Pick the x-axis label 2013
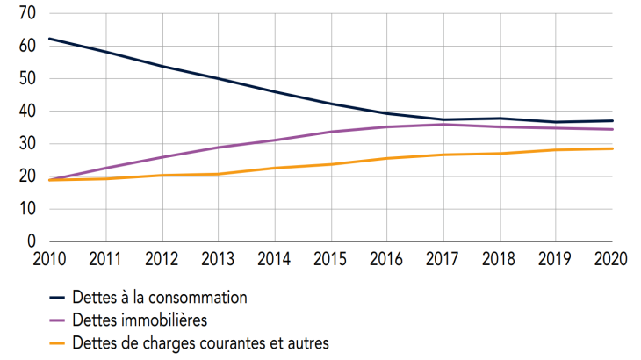pyautogui.click(x=218, y=261)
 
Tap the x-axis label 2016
pyautogui.click(x=387, y=261)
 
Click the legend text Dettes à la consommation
pyautogui.click(x=161, y=298)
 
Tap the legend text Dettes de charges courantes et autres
pyautogui.click(x=201, y=343)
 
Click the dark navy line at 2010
pyautogui.click(x=49, y=39)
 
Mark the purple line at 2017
pyautogui.click(x=444, y=125)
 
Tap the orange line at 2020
pyautogui.click(x=612, y=148)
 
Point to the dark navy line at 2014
pyautogui.click(x=275, y=92)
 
